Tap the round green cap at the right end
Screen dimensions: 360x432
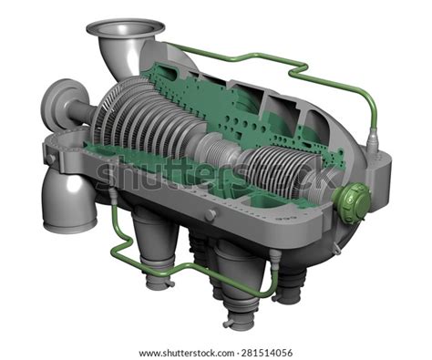(354, 200)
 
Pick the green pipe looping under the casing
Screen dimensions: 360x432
(182, 267)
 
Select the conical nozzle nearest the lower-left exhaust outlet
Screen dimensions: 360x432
(151, 247)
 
